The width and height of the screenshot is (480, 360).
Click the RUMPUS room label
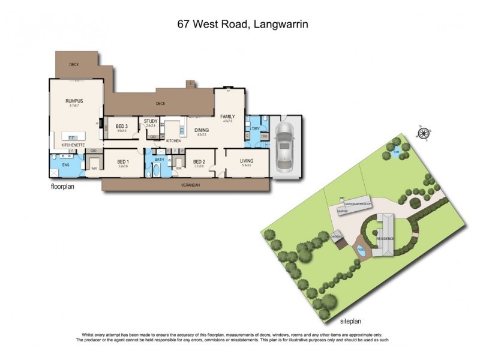pyautogui.click(x=75, y=101)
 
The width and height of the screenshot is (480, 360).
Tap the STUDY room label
pyautogui.click(x=151, y=122)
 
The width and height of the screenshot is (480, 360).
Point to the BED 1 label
pyautogui.click(x=123, y=161)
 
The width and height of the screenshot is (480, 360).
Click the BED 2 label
pyautogui.click(x=200, y=161)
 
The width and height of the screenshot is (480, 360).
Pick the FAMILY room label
pyautogui.click(x=227, y=116)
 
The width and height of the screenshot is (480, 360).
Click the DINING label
pyautogui.click(x=202, y=129)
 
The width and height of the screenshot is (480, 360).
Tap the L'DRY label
pyautogui.click(x=254, y=129)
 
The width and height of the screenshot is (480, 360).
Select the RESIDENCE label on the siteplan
pyautogui.click(x=385, y=238)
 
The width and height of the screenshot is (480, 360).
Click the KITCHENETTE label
pyautogui.click(x=73, y=145)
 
